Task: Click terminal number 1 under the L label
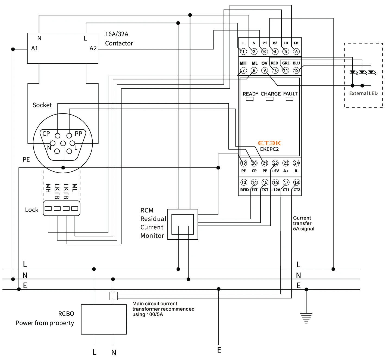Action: (243, 51)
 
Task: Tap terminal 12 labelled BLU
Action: (296, 70)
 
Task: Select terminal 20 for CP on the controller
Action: (254, 163)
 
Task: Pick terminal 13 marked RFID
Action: (244, 182)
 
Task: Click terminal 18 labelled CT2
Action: (296, 182)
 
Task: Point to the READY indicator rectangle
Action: (250, 99)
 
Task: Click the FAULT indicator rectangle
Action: (290, 99)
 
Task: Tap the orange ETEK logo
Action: (269, 143)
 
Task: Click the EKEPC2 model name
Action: (269, 149)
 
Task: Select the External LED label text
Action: (363, 93)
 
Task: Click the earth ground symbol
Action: (306, 318)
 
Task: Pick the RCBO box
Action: (104, 319)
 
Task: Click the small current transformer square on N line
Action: (113, 296)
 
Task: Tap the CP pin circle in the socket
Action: (58, 135)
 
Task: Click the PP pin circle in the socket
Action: (69, 135)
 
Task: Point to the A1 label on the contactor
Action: (35, 48)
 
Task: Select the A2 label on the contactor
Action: (93, 48)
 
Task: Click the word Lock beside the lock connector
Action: (32, 210)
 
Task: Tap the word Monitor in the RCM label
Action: (152, 236)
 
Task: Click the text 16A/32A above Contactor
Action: (117, 34)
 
